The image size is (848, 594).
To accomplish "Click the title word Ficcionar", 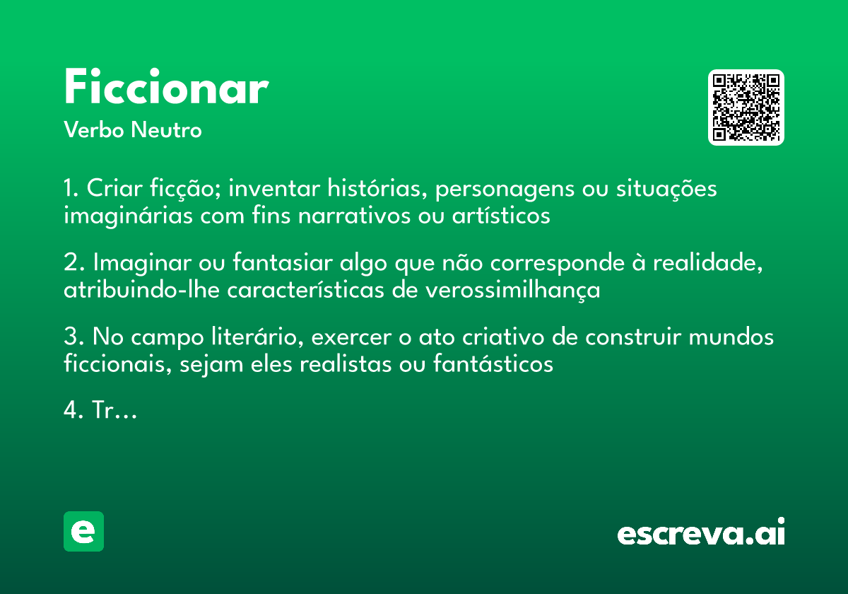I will (166, 88).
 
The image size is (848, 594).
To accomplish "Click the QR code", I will (746, 107).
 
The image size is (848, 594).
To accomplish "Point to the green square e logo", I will (83, 531).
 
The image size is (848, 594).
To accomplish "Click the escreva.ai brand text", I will (701, 533).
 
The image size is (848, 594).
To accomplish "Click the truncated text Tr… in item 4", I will (114, 411).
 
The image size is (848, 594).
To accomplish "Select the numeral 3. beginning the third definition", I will (73, 337).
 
